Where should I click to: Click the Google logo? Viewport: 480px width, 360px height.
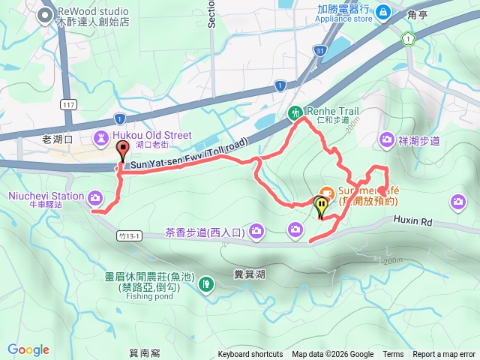click(x=28, y=349)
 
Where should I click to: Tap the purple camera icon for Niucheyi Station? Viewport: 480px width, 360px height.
click(x=95, y=197)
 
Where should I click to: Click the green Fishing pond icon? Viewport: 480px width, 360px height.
click(x=205, y=283)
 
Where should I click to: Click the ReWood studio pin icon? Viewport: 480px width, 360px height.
click(x=46, y=13)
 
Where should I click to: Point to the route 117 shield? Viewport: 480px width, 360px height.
click(x=70, y=104)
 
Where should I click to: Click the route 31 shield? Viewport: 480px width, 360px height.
click(x=320, y=50)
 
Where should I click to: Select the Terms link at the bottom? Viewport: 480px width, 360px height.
click(x=393, y=355)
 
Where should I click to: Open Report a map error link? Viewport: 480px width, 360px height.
click(x=444, y=355)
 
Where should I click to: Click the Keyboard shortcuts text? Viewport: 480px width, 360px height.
click(x=250, y=355)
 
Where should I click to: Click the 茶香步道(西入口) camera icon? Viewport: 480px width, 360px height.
click(x=257, y=229)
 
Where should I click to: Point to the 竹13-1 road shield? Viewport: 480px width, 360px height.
click(x=130, y=235)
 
